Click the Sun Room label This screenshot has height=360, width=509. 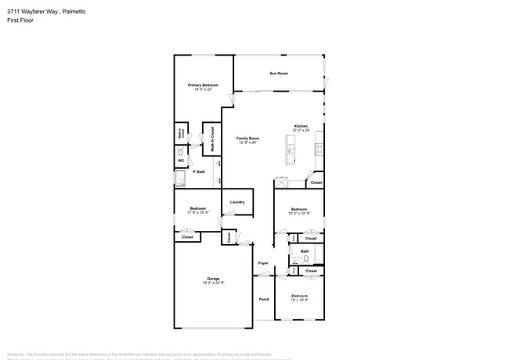[280, 73]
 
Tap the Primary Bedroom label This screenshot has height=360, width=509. [203, 85]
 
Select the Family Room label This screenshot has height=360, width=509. [247, 139]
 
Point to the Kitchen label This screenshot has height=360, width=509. [301, 126]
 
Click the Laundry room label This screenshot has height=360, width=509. [237, 202]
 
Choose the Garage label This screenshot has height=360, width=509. [213, 278]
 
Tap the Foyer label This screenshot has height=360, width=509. [263, 263]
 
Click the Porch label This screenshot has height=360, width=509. [264, 298]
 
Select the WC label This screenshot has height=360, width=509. [180, 160]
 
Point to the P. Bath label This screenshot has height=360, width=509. [199, 171]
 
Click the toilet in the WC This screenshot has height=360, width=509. [180, 150]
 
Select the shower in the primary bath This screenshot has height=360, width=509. [181, 179]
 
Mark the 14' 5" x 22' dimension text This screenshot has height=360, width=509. [203, 89]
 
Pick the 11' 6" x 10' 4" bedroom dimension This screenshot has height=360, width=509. [197, 213]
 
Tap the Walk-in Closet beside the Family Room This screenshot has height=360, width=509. [209, 138]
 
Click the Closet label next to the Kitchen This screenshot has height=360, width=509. [316, 182]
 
